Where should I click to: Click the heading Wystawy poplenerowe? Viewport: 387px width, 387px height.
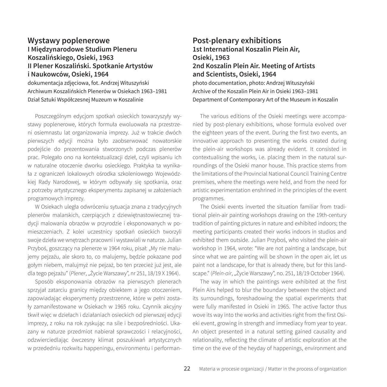click(68, 40)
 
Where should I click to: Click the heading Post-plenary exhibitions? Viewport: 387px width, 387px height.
click(237, 40)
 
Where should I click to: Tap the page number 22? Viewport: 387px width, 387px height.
click(187, 369)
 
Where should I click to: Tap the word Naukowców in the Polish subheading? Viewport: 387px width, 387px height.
click(49, 74)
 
